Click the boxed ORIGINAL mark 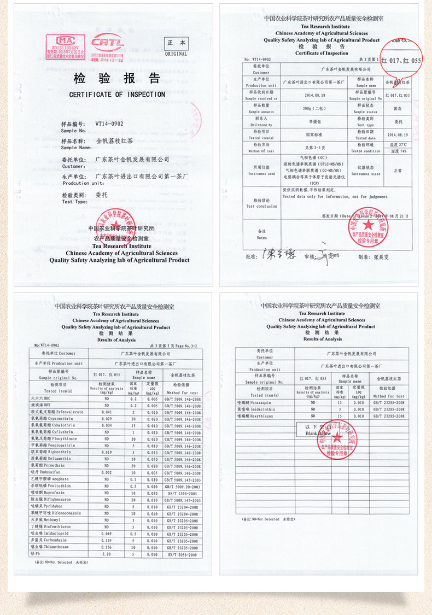[x=176, y=46]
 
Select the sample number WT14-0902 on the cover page [x=109, y=124]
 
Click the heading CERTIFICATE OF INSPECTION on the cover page [x=117, y=95]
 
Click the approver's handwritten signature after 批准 [x=277, y=254]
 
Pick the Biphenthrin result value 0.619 [x=107, y=452]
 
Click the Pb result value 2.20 [x=107, y=553]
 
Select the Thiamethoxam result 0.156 [x=107, y=546]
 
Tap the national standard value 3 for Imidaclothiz [x=339, y=409]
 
